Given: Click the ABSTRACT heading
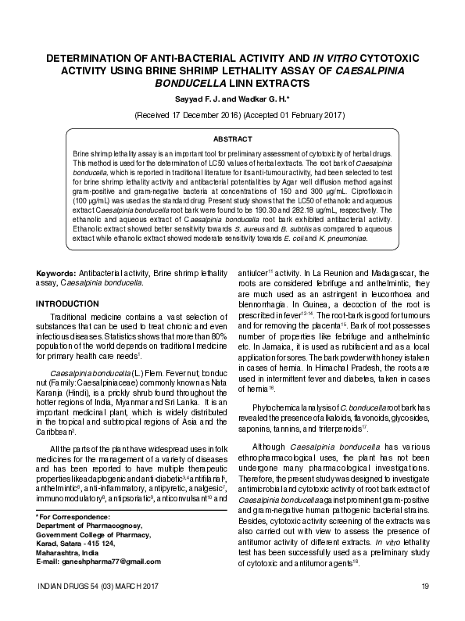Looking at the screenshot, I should pos(232,138).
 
